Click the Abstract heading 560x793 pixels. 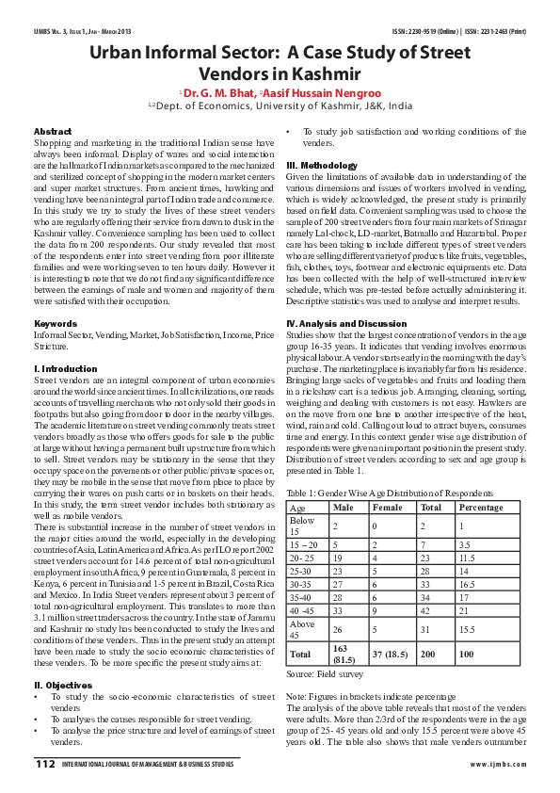[x=53, y=130]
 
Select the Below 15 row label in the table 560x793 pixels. [x=302, y=524]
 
